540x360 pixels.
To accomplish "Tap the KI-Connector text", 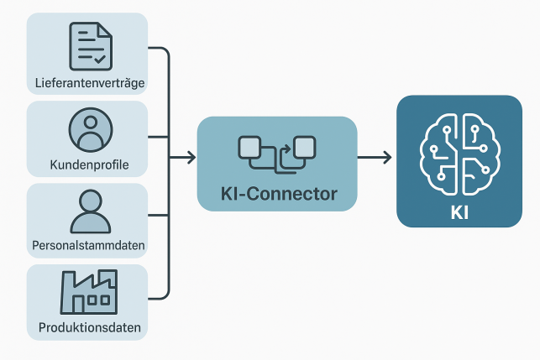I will pos(277,194).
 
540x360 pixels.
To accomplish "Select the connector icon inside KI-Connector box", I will pos(277,151).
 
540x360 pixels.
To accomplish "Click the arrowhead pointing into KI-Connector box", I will pos(192,157).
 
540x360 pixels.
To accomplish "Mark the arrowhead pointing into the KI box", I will pos(388,157).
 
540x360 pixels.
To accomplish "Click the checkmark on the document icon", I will pos(100,59).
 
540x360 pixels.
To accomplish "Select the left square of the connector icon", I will pos(251,148).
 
